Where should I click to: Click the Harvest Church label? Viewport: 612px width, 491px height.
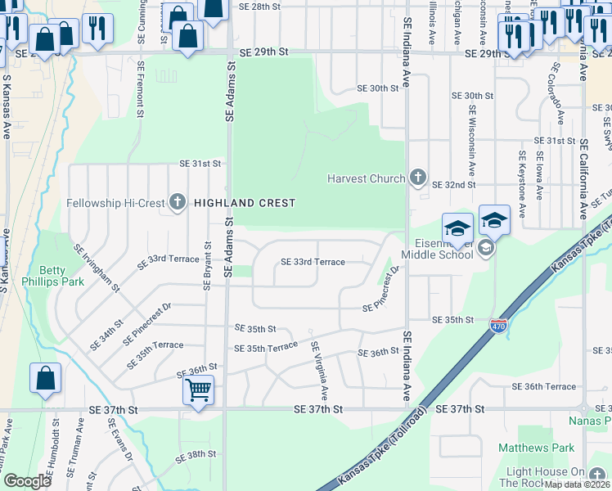pyautogui.click(x=366, y=178)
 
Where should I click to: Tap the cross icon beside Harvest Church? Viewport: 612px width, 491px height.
pyautogui.click(x=418, y=178)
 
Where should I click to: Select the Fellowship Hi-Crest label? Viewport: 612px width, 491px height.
pyautogui.click(x=117, y=202)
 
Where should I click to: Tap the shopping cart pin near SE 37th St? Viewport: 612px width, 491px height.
pyautogui.click(x=198, y=390)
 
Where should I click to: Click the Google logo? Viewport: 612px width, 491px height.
pyautogui.click(x=27, y=480)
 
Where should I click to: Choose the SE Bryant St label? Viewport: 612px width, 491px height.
pyautogui.click(x=209, y=264)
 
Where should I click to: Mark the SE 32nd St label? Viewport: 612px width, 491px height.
pyautogui.click(x=453, y=186)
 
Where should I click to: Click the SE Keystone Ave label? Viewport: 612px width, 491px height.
pyautogui.click(x=521, y=178)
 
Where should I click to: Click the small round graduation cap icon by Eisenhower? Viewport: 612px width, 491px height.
pyautogui.click(x=485, y=248)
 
